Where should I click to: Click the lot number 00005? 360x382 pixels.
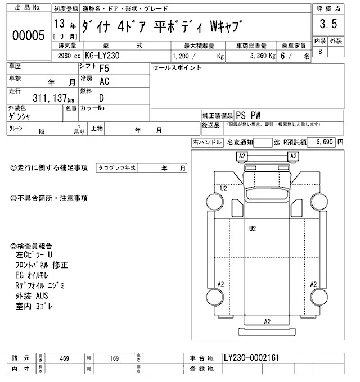(28, 35)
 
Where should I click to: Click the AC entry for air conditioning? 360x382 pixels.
(105, 81)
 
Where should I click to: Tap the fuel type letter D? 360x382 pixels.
(102, 98)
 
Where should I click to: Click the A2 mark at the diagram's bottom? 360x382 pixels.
(268, 321)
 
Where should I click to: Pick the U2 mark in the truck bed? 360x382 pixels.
(253, 229)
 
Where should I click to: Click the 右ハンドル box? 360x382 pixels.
(207, 143)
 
